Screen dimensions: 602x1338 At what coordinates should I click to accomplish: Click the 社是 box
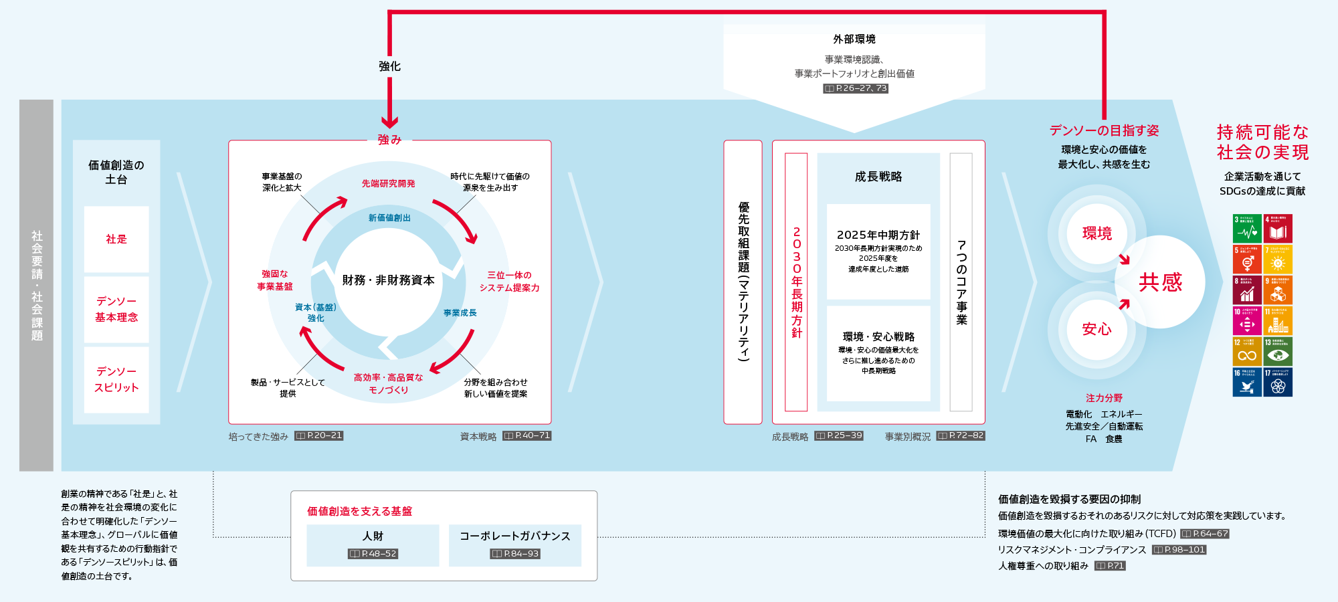pos(116,239)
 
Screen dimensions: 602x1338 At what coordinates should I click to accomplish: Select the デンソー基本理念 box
pos(116,309)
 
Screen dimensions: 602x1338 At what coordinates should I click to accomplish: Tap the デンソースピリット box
pos(116,379)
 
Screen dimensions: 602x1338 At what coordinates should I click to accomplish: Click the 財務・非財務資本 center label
pos(388,280)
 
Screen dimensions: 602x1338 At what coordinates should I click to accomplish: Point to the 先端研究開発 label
pos(388,183)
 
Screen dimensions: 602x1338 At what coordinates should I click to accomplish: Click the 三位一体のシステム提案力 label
pos(509,281)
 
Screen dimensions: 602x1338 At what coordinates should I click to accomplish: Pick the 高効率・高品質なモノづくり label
pos(388,383)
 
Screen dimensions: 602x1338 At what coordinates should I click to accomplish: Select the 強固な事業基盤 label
pos(275,280)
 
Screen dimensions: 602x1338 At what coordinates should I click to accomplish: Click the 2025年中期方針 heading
pos(878,235)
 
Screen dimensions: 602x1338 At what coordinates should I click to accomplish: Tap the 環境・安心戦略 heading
pos(878,336)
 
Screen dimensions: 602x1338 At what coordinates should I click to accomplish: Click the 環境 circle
pos(1097,233)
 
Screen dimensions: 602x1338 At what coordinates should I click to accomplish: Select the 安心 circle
pos(1097,329)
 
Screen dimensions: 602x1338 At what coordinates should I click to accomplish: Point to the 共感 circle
pos(1160,282)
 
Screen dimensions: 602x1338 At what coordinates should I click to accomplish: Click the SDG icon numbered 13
pos(1278,351)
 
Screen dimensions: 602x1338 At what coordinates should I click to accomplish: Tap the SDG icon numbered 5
pos(1247,260)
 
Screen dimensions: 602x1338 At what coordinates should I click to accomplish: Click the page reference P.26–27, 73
pos(856,88)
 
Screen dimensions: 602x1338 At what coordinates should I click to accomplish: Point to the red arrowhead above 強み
pos(389,122)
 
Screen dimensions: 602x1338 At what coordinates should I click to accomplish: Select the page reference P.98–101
pos(1179,550)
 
